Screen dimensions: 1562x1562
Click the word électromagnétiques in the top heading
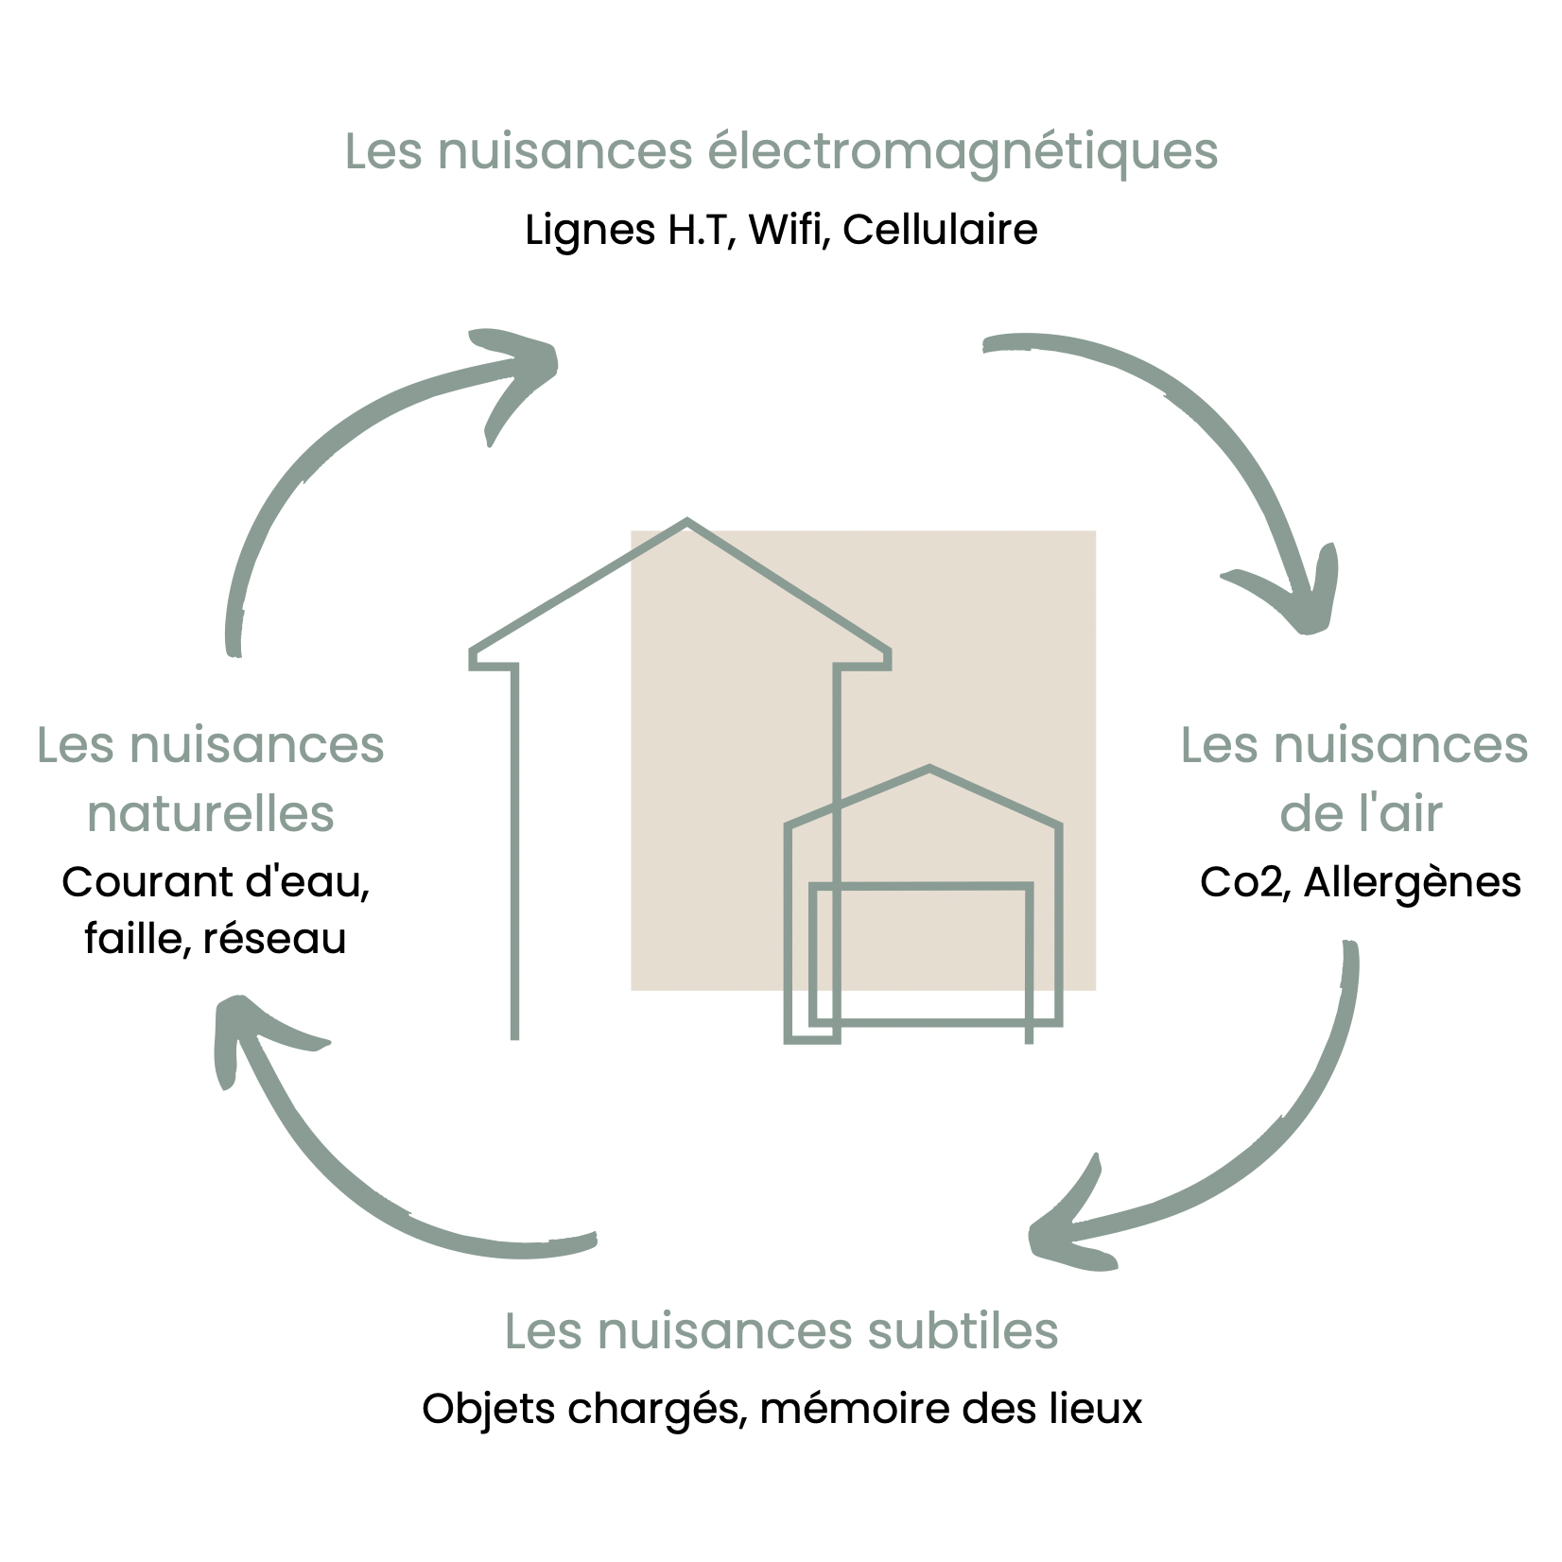click(963, 151)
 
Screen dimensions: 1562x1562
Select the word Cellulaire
click(940, 230)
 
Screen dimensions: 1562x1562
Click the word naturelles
click(211, 813)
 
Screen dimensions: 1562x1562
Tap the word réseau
click(274, 939)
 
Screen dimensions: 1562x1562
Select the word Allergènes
click(1413, 882)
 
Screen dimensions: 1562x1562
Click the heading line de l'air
click(1361, 813)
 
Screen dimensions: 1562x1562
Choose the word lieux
click(1096, 1409)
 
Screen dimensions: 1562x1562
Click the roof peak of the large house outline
click(687, 521)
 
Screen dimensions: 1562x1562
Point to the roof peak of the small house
click(930, 769)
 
